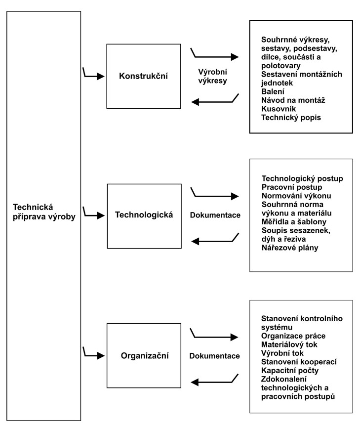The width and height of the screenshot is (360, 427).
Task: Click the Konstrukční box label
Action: click(x=143, y=76)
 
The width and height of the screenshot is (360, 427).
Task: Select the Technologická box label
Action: click(x=144, y=214)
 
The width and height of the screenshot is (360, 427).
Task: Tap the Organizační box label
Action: click(x=145, y=355)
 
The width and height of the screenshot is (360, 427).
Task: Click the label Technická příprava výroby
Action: click(x=44, y=212)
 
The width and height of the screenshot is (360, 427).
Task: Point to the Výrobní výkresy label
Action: click(x=212, y=76)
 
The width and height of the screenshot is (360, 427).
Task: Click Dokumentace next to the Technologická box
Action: click(x=215, y=215)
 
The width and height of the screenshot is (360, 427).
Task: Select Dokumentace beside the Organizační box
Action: click(x=214, y=356)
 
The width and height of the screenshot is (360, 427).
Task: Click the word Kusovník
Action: click(x=279, y=109)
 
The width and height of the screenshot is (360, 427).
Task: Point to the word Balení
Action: click(x=273, y=91)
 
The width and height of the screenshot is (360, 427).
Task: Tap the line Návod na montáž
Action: click(x=293, y=100)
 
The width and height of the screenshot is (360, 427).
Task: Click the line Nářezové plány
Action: click(x=290, y=248)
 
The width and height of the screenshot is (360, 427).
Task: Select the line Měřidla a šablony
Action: click(x=294, y=221)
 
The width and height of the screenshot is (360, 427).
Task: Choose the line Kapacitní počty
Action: click(x=290, y=370)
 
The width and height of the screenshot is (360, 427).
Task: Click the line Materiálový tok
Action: click(x=289, y=344)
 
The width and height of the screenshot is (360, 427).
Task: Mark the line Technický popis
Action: click(x=291, y=117)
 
